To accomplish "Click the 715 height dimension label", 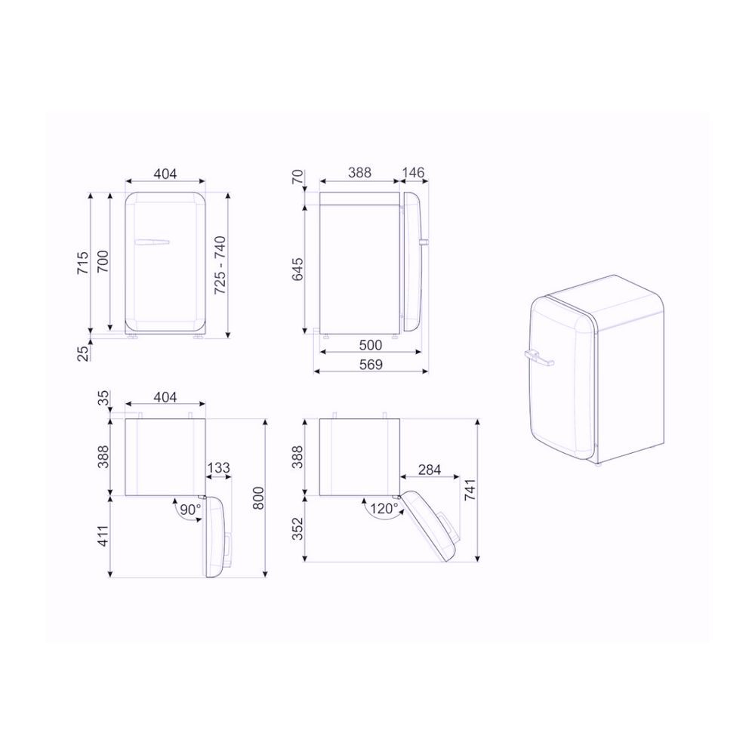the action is pos(83,263).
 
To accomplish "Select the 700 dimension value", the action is pos(103,261).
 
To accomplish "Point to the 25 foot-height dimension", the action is pos(83,353).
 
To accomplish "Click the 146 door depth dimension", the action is pos(414,172).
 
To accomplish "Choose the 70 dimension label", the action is pos(298,177).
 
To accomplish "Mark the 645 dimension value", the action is pos(298,270).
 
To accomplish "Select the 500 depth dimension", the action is pos(371,345).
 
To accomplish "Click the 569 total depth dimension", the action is pos(371,365).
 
